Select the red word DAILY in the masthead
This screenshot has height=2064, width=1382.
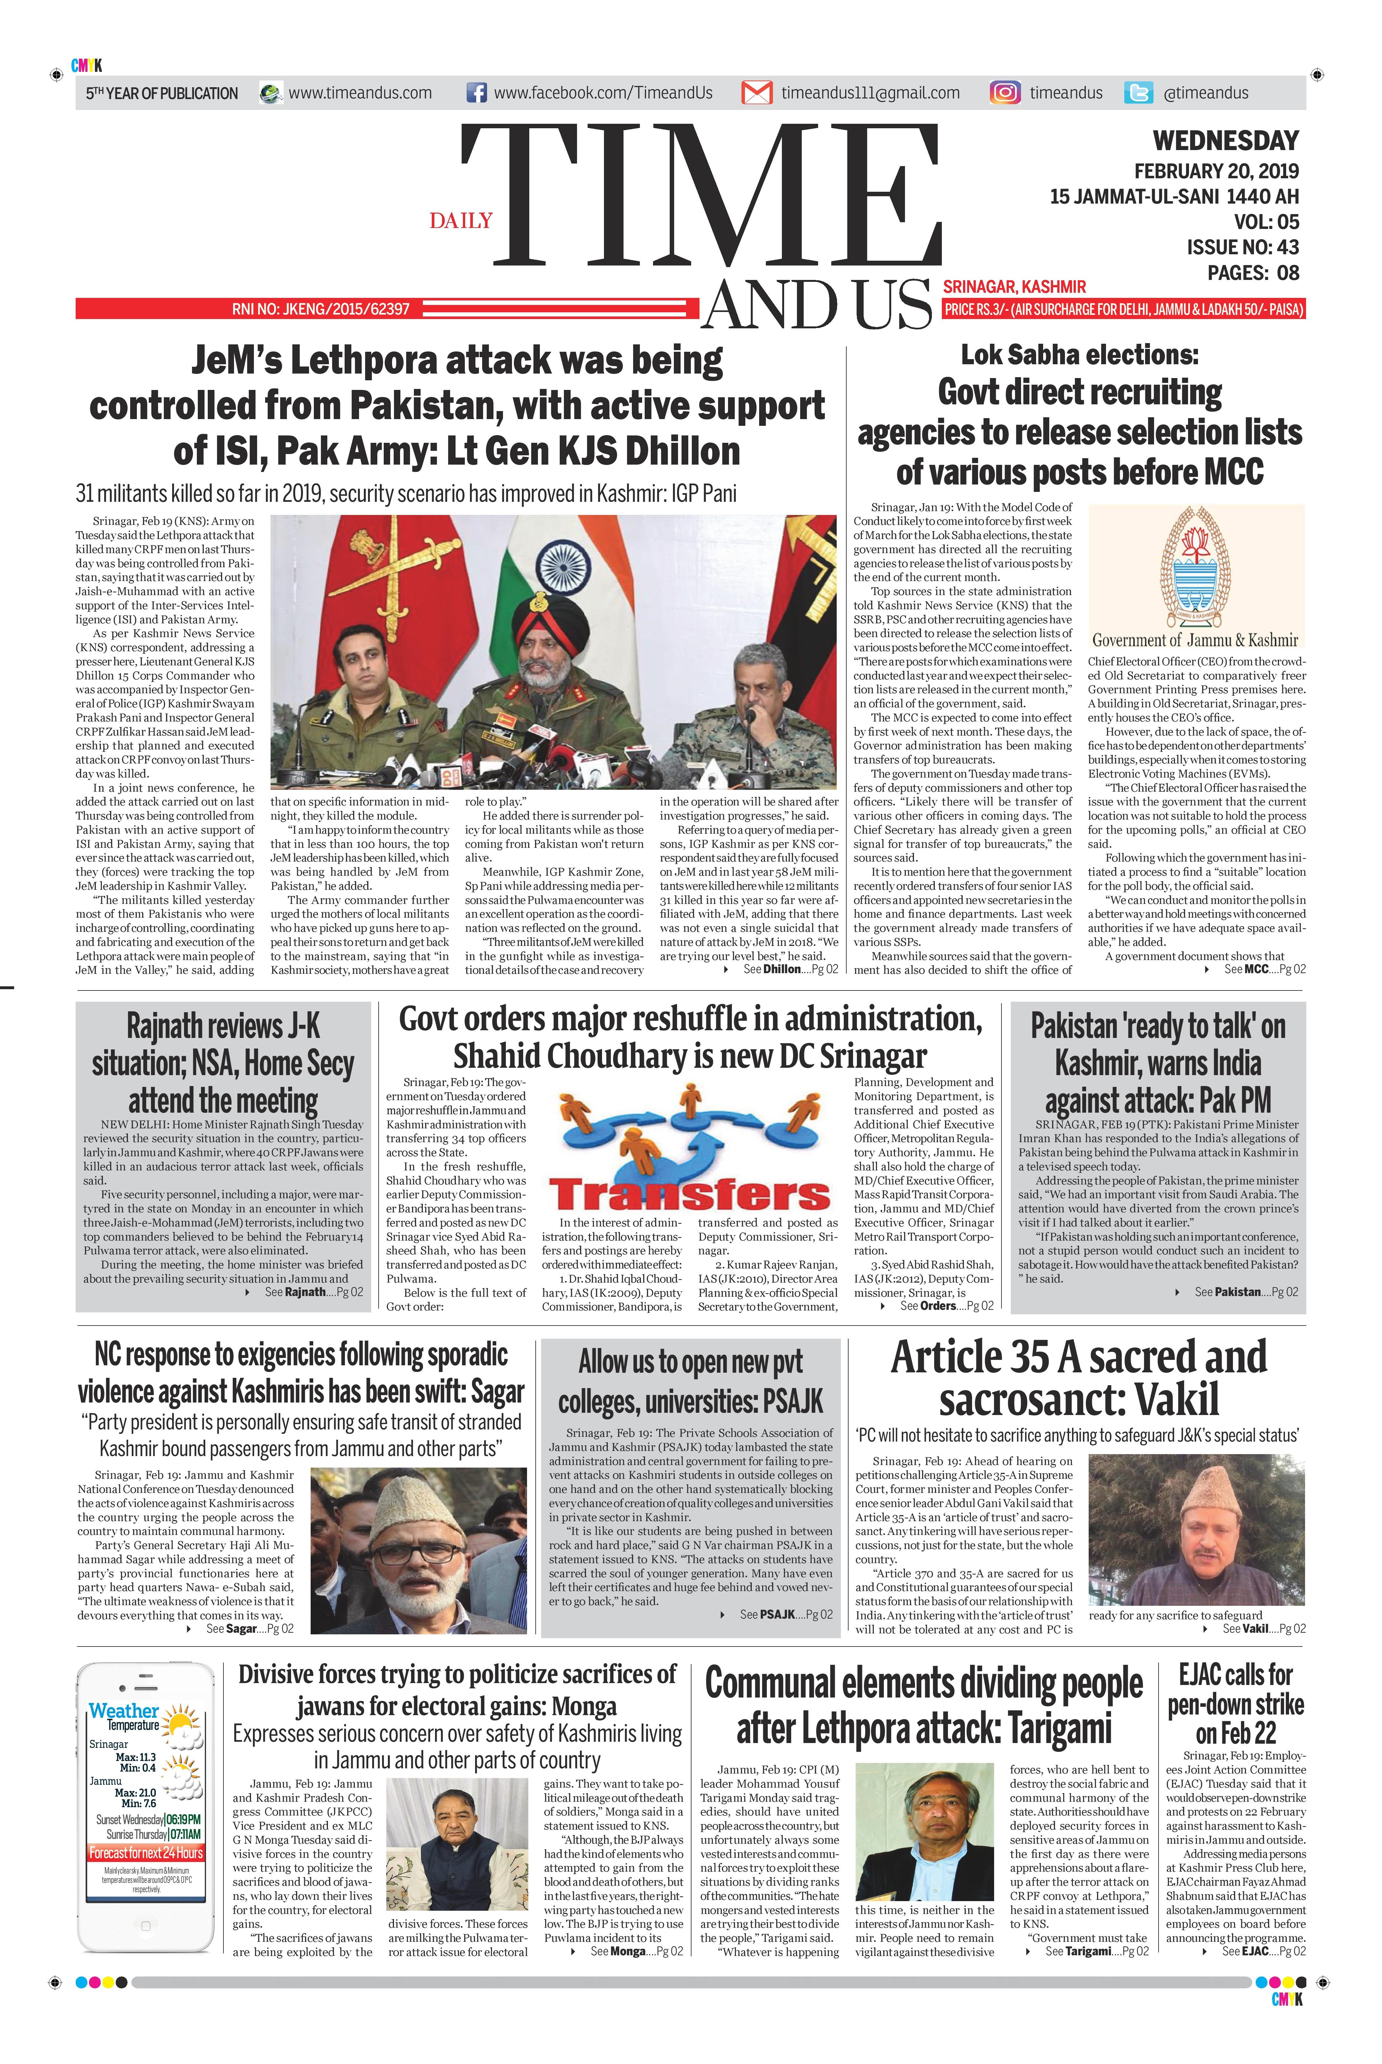tap(461, 220)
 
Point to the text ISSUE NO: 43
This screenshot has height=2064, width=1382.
tap(1243, 248)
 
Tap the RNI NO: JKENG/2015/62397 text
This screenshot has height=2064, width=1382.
tap(321, 309)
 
